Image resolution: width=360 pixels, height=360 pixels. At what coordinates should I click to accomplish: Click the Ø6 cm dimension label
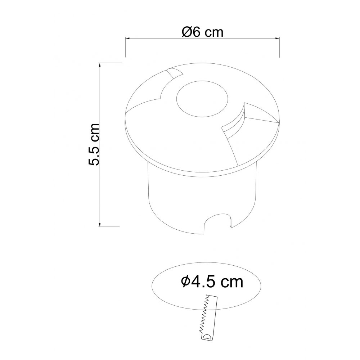coord(202,32)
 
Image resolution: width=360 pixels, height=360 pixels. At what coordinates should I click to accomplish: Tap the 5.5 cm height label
coord(94,144)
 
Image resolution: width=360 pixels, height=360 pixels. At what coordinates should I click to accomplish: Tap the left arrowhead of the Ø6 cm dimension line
coord(128,38)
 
